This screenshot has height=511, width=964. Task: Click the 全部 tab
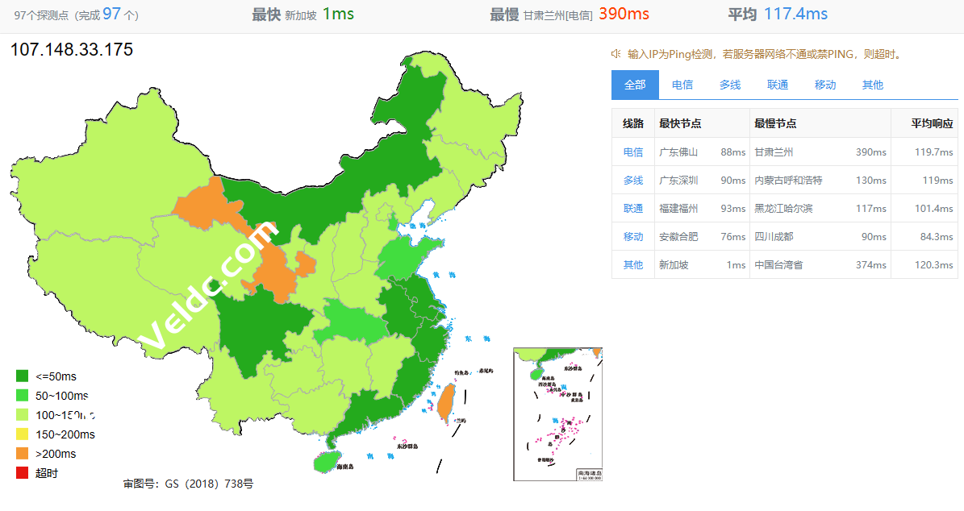635,85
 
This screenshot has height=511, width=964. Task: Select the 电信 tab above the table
682,85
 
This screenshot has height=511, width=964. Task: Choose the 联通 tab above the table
778,85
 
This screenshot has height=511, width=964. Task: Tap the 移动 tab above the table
825,85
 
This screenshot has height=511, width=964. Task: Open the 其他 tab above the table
872,85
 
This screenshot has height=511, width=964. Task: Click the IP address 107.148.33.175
72,50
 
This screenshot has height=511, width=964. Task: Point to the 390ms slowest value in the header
624,14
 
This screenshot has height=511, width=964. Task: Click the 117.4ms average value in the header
795,14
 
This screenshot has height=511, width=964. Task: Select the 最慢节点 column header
775,123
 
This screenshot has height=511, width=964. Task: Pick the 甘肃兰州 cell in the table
774,152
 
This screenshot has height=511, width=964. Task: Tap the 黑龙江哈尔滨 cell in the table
783,208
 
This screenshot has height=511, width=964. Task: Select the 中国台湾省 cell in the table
778,264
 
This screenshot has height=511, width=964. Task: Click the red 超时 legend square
22,473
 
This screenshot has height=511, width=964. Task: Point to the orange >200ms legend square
22,454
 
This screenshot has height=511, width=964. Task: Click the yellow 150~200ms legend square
22,434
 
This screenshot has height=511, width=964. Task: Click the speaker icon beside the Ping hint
616,54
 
